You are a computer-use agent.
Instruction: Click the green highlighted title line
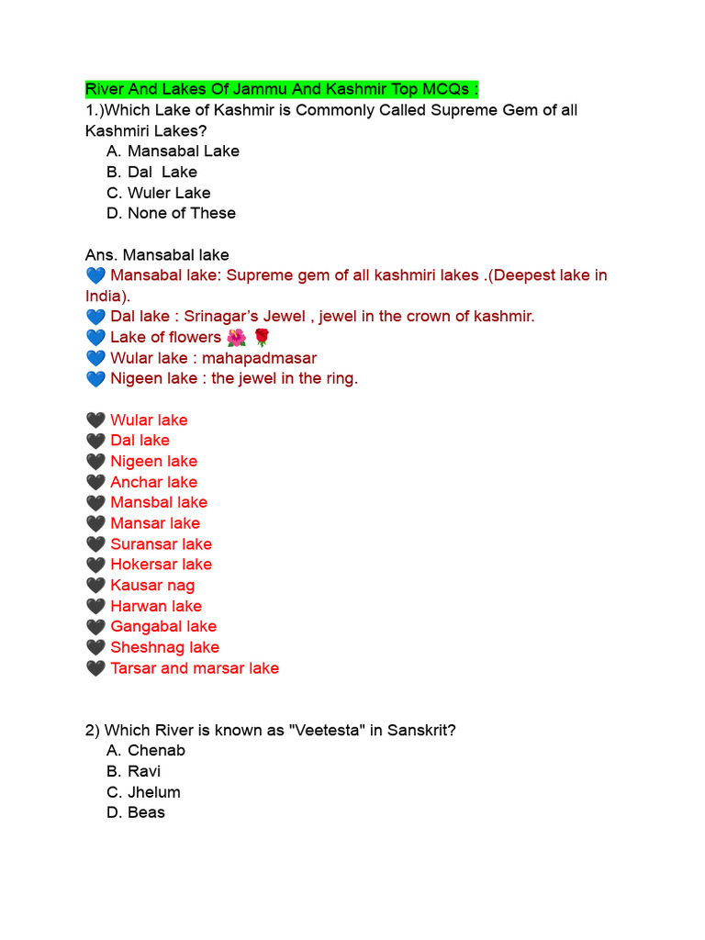coord(282,89)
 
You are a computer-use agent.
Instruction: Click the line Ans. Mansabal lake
coord(157,254)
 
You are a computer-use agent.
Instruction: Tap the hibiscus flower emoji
coord(236,337)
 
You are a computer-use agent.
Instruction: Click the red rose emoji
coord(262,337)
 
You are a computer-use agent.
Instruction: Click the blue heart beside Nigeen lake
coord(95,378)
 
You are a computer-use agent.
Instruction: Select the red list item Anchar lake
coord(153,482)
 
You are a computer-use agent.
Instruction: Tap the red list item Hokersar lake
coord(161,565)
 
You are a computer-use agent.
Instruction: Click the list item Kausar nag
coord(152,585)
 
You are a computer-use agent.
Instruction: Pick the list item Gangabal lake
coord(163,626)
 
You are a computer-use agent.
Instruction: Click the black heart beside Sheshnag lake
coord(95,647)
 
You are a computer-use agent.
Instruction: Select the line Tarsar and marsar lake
coord(194,668)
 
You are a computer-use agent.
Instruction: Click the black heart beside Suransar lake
coord(95,543)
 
